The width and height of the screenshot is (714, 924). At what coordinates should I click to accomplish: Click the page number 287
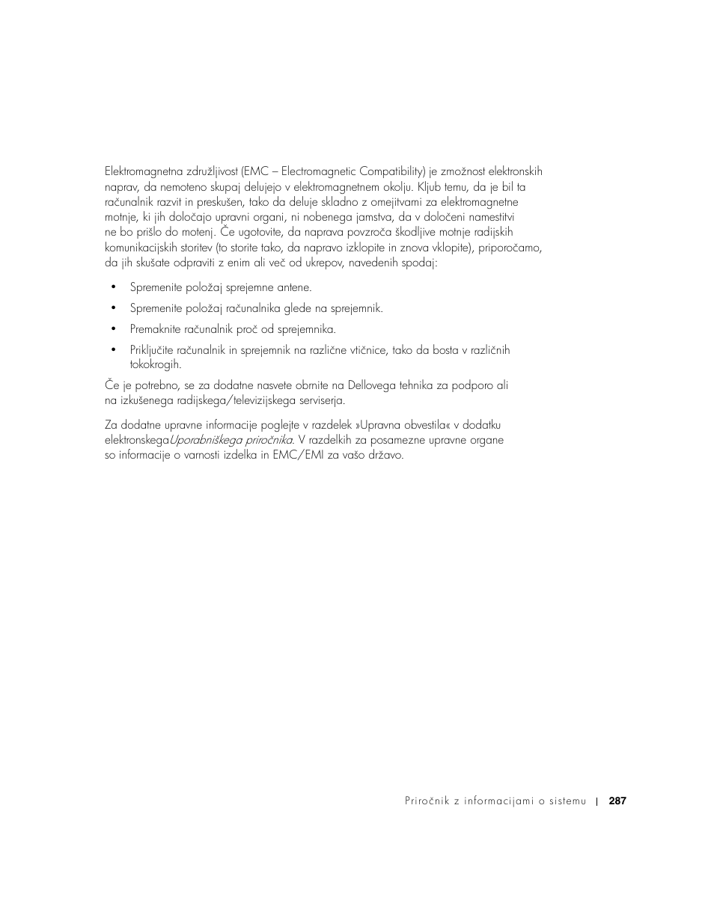pyautogui.click(x=617, y=801)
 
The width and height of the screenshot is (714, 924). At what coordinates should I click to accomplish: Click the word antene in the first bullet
pyautogui.click(x=294, y=287)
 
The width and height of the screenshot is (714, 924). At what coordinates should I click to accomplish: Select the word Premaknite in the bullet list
pyautogui.click(x=154, y=329)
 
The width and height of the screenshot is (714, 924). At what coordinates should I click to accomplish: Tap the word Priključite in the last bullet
pyautogui.click(x=152, y=350)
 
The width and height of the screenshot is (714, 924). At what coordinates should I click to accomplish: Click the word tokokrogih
pyautogui.click(x=155, y=365)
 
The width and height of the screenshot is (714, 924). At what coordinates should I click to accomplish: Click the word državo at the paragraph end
pyautogui.click(x=384, y=455)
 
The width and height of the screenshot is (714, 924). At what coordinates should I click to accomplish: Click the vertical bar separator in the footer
pyautogui.click(x=597, y=801)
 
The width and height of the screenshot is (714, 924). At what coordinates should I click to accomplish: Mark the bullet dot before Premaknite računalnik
pyautogui.click(x=114, y=329)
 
